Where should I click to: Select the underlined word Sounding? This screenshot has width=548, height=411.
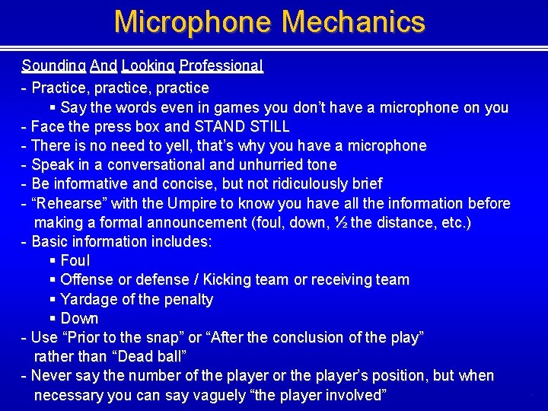click(53, 66)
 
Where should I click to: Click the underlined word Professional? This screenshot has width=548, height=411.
click(221, 66)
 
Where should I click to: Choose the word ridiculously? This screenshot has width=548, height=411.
click(300, 183)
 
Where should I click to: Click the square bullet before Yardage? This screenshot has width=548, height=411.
click(53, 299)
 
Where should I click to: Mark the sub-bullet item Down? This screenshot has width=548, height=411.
click(79, 318)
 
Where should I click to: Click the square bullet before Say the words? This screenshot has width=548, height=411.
click(53, 107)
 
